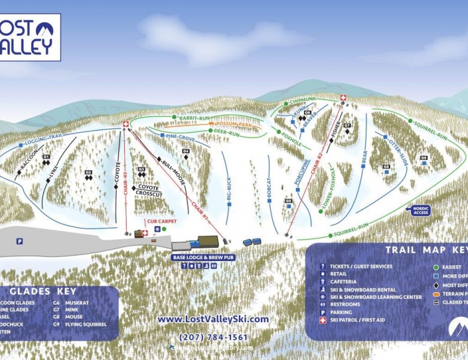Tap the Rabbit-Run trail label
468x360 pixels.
[x=196, y=118]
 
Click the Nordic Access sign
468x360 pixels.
[x=419, y=209]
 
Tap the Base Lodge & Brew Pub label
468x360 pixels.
[x=203, y=257]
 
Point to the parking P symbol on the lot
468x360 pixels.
[x=19, y=241]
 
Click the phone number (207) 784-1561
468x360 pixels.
[x=213, y=337]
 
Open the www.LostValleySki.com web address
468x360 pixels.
[x=213, y=319]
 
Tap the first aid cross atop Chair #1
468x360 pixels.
[x=126, y=124]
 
